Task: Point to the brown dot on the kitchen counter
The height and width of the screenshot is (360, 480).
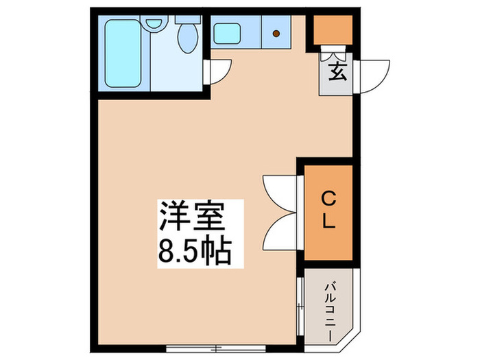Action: point(276,32)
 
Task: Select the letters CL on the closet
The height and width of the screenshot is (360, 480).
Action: point(328,211)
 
